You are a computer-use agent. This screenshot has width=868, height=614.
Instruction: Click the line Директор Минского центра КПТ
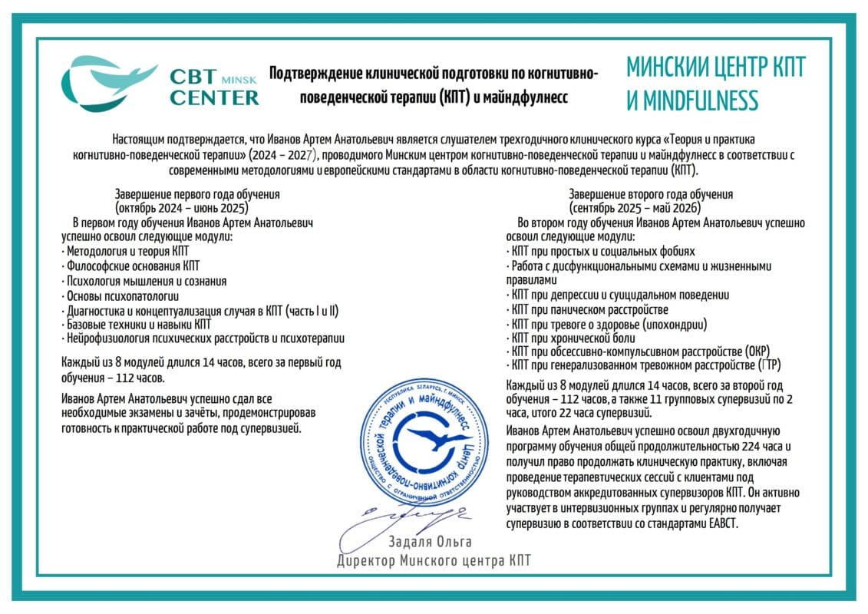pos(434,561)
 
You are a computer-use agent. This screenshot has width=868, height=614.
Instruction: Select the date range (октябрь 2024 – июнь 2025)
pos(182,207)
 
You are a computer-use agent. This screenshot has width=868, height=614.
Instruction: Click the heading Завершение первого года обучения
pos(197,194)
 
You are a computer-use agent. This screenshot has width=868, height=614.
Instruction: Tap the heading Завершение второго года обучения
pos(651,194)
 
